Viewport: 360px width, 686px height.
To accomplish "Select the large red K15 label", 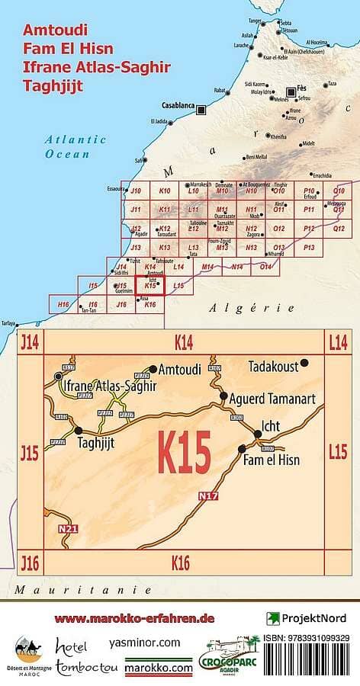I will point(184,452).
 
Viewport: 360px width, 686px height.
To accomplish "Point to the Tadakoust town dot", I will point(304,363).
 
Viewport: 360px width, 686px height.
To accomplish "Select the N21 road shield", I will point(68,527).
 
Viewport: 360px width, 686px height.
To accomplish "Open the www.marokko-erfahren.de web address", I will point(135,618).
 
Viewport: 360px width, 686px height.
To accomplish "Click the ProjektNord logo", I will point(307,618).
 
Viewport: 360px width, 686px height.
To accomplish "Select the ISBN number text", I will point(307,638).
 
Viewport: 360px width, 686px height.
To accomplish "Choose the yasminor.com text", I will point(145,643).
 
